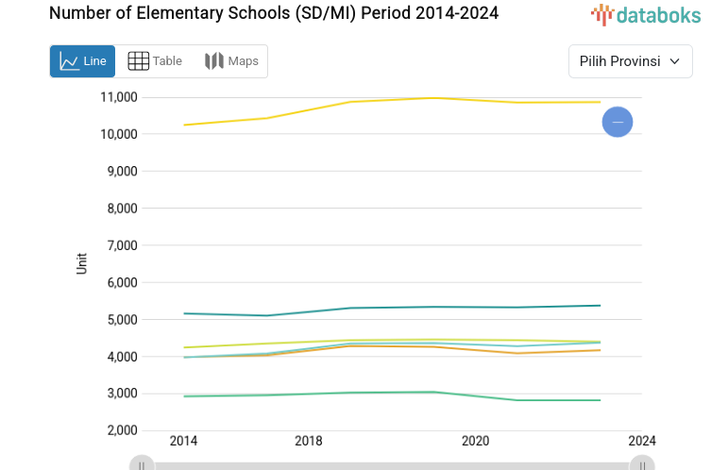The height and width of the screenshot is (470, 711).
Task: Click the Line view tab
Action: pos(82,61)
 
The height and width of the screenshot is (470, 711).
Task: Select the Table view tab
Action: pos(155,61)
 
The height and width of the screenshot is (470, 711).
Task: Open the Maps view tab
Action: pos(231,61)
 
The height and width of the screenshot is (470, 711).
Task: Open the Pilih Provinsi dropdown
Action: pos(630,61)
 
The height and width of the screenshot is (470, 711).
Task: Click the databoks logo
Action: pos(646,14)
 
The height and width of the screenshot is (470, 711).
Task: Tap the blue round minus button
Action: pos(618,122)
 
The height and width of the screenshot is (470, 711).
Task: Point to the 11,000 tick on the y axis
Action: pos(119,97)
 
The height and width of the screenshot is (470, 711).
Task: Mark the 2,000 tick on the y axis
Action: pos(122,430)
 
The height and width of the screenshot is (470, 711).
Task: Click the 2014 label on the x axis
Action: pos(183,441)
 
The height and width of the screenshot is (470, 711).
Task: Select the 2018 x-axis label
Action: pos(308,441)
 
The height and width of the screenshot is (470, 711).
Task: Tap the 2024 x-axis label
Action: pos(641,441)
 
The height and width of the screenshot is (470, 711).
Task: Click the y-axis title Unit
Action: pos(82,263)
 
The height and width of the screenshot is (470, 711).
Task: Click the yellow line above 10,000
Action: pos(378,100)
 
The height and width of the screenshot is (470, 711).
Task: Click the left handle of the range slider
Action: pos(142,464)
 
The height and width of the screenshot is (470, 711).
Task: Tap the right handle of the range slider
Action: pos(642,464)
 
